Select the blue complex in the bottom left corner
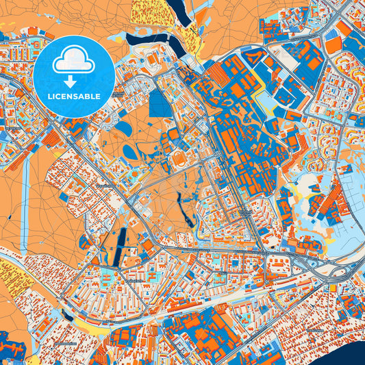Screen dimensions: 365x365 click(12, 346)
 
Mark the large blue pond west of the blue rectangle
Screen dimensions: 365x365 click(124, 128)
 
